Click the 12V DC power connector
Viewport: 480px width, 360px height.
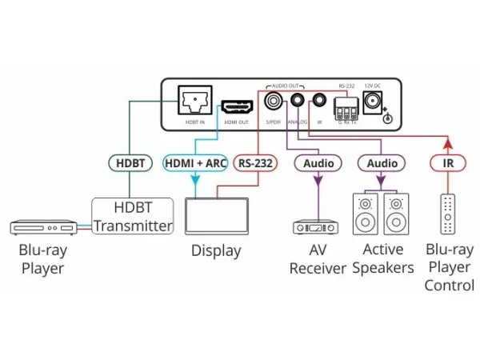point(372,102)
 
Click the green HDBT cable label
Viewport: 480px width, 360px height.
point(130,163)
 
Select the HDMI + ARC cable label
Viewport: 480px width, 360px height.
point(195,163)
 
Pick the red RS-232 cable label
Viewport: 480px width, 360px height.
point(255,163)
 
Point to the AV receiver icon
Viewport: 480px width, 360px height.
point(318,227)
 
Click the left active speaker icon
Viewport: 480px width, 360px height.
point(366,213)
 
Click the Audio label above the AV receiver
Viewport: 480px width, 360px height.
point(318,163)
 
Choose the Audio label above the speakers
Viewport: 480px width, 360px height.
point(382,163)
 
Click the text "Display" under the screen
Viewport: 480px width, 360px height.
point(215,251)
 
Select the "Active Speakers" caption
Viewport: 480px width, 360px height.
point(382,258)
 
